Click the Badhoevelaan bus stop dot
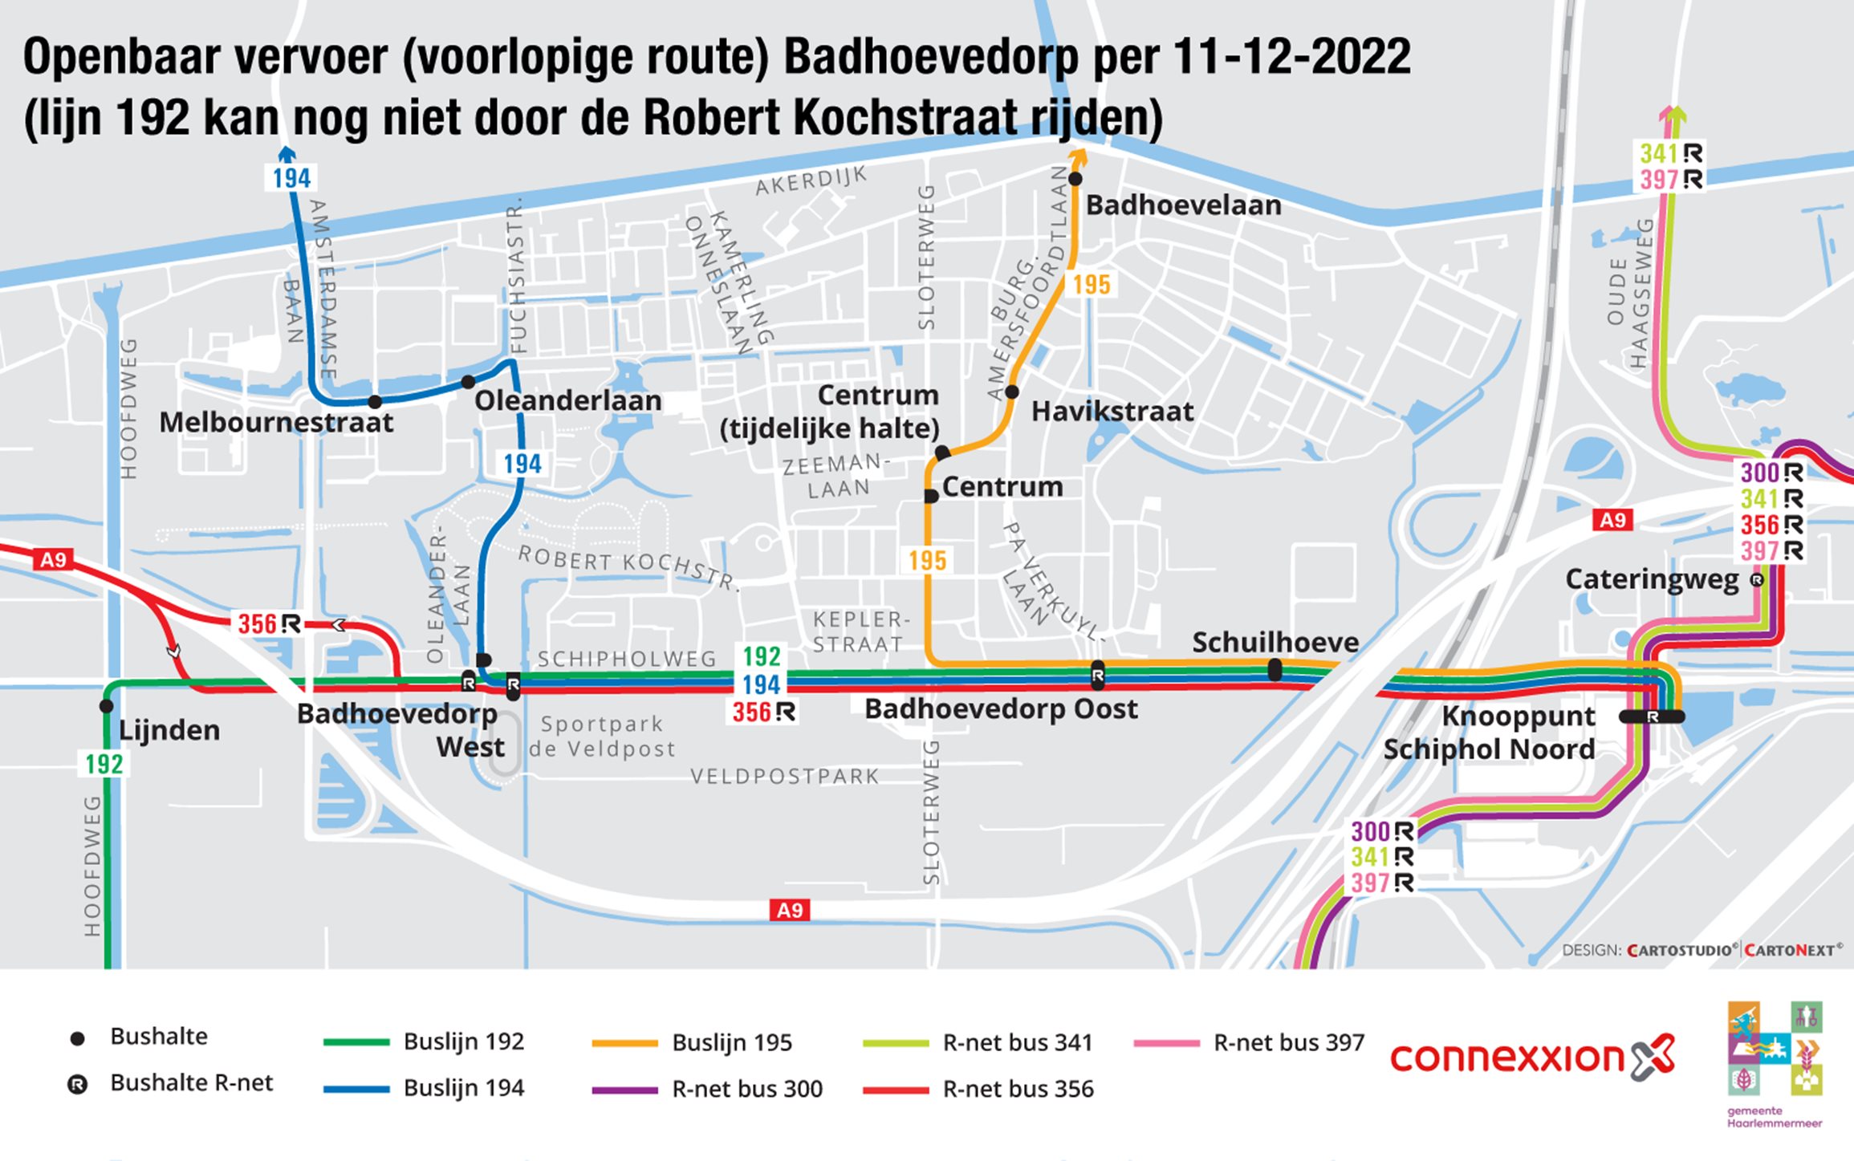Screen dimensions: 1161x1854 click(x=1075, y=178)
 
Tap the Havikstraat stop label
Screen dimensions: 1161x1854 click(x=1112, y=412)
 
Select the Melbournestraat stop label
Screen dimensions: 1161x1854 click(x=276, y=422)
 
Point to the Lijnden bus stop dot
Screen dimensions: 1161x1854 click(x=106, y=706)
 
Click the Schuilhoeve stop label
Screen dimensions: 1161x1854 click(x=1275, y=642)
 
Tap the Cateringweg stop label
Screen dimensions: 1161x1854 click(x=1651, y=579)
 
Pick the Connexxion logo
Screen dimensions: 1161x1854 click(x=1532, y=1057)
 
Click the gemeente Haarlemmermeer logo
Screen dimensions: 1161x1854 click(x=1775, y=1063)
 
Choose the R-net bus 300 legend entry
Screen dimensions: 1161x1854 click(x=707, y=1089)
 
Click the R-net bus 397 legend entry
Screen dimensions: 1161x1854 click(x=1249, y=1042)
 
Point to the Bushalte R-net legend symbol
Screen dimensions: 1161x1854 click(x=77, y=1085)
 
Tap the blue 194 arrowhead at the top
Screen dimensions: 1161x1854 click(x=286, y=153)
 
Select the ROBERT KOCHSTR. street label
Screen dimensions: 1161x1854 click(x=627, y=566)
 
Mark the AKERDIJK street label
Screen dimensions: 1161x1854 click(x=811, y=181)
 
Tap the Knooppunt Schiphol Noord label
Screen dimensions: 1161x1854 click(x=1489, y=733)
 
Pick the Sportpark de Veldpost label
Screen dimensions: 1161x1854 click(x=601, y=736)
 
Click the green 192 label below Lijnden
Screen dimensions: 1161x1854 click(x=104, y=764)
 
